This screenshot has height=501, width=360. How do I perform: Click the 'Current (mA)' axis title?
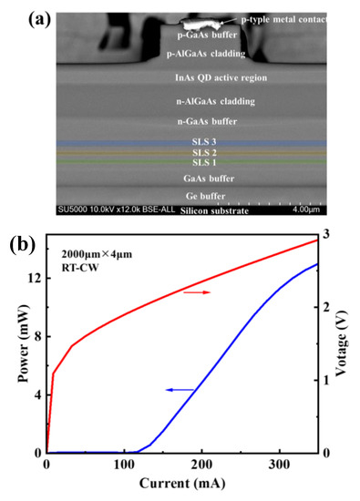click(181, 484)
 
